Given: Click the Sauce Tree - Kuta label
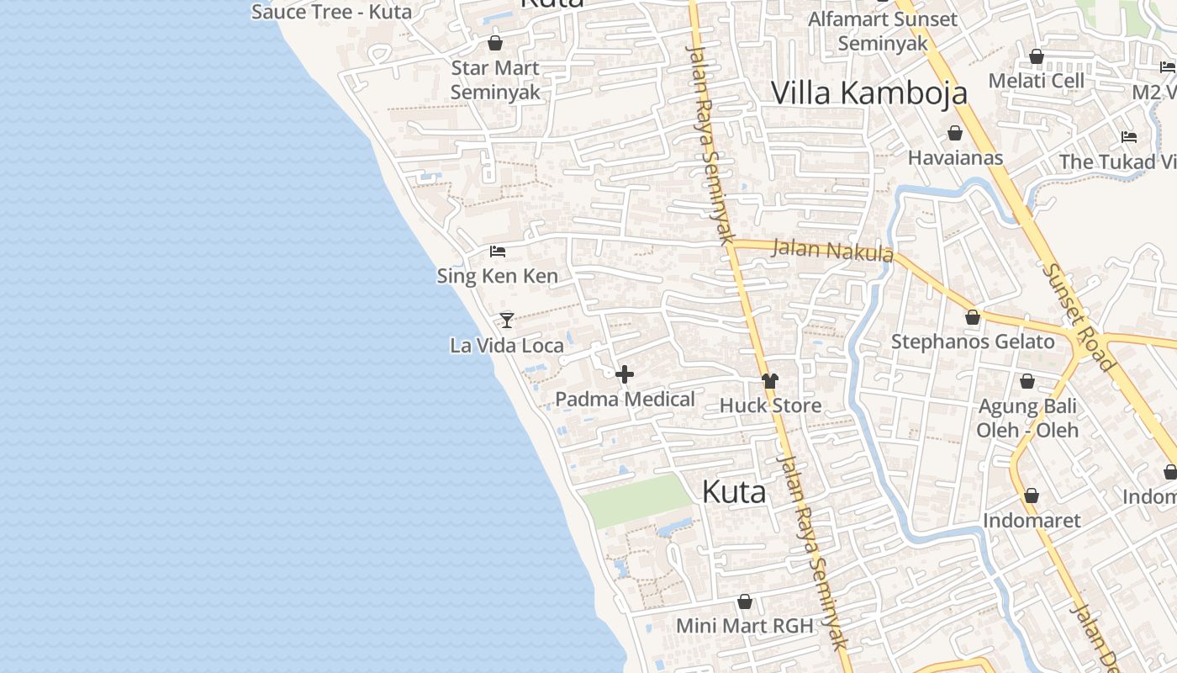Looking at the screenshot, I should click(x=331, y=12).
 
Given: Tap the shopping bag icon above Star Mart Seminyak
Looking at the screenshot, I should click(x=495, y=43).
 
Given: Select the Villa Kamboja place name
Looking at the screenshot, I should click(x=868, y=93).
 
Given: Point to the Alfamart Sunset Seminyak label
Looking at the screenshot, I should click(x=883, y=31).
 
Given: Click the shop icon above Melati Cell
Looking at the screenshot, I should click(x=1037, y=56).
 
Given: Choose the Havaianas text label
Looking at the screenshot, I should click(x=955, y=157).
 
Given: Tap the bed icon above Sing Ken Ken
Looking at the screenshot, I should click(x=498, y=252).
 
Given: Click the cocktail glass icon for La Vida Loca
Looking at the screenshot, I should click(x=506, y=320).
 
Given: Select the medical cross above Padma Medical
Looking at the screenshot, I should click(x=625, y=374).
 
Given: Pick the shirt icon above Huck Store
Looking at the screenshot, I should click(x=770, y=381).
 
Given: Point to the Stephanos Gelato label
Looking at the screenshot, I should click(x=973, y=342).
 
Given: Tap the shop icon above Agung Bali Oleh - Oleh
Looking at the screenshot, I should click(x=1027, y=382).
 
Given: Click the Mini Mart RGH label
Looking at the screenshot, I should click(x=745, y=626).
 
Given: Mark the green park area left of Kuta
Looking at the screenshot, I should click(x=637, y=500).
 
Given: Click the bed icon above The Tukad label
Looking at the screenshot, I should click(x=1129, y=137).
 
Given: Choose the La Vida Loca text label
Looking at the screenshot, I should click(x=507, y=345).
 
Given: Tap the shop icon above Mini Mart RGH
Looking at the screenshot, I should click(x=744, y=601).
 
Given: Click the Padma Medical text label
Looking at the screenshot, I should click(x=625, y=399).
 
